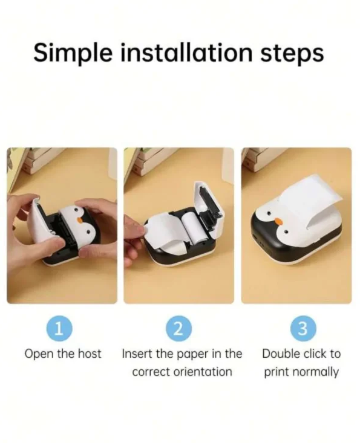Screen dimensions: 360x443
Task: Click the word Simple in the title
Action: point(73,53)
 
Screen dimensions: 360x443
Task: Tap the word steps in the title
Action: point(292,54)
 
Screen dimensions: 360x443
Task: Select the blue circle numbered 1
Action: point(59,329)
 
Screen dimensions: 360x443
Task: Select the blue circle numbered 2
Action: point(179,329)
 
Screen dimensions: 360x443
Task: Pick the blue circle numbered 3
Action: point(303,329)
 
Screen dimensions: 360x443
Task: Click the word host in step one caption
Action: point(90,354)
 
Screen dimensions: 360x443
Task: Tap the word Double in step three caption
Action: point(280,354)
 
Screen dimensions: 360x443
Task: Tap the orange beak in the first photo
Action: point(80,219)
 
